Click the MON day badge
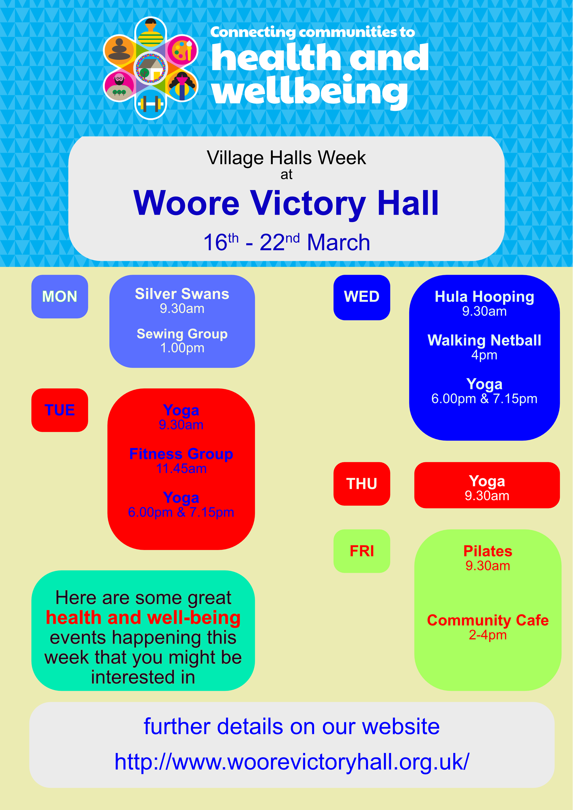(x=60, y=296)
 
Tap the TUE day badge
(x=60, y=410)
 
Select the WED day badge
(x=362, y=297)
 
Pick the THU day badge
(x=362, y=484)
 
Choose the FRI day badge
(x=362, y=551)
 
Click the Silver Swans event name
(x=182, y=294)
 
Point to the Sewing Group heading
(x=182, y=334)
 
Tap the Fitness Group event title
(x=181, y=454)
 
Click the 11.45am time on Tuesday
(x=181, y=469)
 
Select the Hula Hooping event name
(x=484, y=297)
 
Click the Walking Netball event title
(x=484, y=341)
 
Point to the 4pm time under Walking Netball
(x=484, y=355)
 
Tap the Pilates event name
(x=488, y=551)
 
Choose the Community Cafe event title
(x=488, y=620)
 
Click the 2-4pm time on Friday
(x=488, y=635)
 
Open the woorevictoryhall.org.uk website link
(x=292, y=762)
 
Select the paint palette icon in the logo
(x=182, y=50)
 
